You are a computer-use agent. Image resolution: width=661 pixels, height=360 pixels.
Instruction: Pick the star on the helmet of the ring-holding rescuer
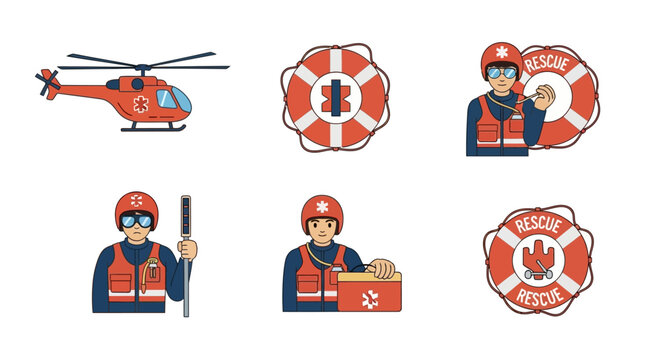tap(501, 52)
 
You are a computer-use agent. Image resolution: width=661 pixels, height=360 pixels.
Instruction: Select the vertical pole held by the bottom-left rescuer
tap(185, 255)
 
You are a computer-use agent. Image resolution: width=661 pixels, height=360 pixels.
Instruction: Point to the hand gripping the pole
tap(188, 249)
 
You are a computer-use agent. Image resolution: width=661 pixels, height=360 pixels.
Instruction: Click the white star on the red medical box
tap(370, 297)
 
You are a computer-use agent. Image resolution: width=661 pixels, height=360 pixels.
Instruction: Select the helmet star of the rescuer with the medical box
tap(322, 206)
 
